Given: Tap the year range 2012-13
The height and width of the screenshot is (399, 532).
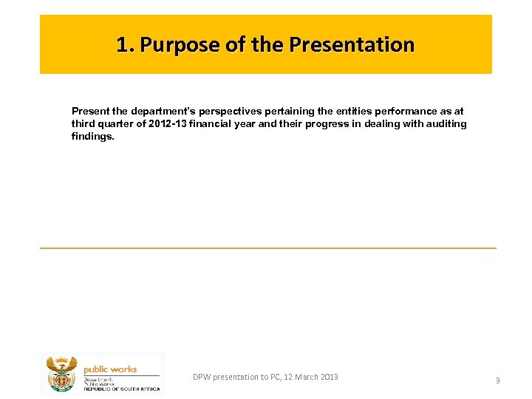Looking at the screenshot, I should [x=168, y=123].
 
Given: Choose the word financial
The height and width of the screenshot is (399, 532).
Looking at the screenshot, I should [x=211, y=123].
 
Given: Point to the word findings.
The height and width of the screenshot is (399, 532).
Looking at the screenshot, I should [x=92, y=136].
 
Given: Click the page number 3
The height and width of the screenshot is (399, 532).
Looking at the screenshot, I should [x=497, y=380].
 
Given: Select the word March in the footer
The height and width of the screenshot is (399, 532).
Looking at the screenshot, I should [x=304, y=377].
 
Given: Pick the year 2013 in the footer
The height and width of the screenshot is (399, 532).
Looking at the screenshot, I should [x=330, y=377].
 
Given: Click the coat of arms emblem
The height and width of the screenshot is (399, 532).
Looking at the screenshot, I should [x=61, y=374].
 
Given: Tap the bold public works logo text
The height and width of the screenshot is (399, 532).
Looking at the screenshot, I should [x=109, y=369].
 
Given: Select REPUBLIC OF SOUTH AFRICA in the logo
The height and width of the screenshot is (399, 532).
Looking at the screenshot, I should [x=121, y=389].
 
